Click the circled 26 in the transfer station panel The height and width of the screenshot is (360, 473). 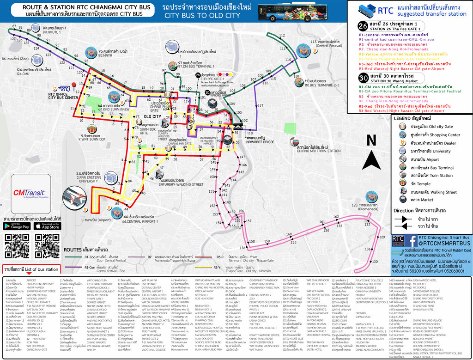[364, 26]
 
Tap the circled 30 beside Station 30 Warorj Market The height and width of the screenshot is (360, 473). [364, 77]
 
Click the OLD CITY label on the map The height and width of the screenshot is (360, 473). [152, 117]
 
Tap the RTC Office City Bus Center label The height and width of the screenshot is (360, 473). [63, 95]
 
